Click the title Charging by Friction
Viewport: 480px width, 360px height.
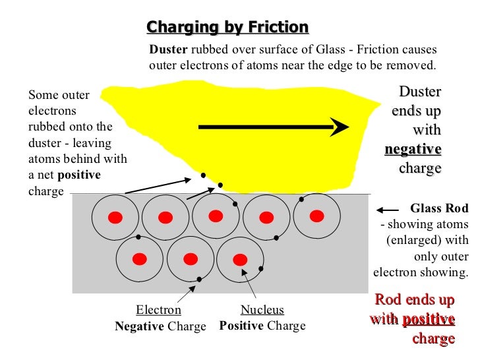227,27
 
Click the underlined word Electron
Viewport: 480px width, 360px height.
158,310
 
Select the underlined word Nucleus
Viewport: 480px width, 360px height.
262,310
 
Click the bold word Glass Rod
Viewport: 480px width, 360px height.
439,209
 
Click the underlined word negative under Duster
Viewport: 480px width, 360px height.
413,149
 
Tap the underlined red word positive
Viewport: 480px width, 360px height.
428,320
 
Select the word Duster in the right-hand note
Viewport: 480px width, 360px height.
420,92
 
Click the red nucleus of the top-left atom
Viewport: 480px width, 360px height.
115,218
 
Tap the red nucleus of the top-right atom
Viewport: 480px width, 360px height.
317,216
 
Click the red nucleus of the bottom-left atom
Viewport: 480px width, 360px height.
139,258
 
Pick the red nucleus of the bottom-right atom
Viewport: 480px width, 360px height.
241,258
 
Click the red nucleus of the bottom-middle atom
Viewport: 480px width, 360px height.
190,258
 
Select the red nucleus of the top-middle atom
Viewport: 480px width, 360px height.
216,216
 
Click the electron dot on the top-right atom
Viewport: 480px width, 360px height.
301,198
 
